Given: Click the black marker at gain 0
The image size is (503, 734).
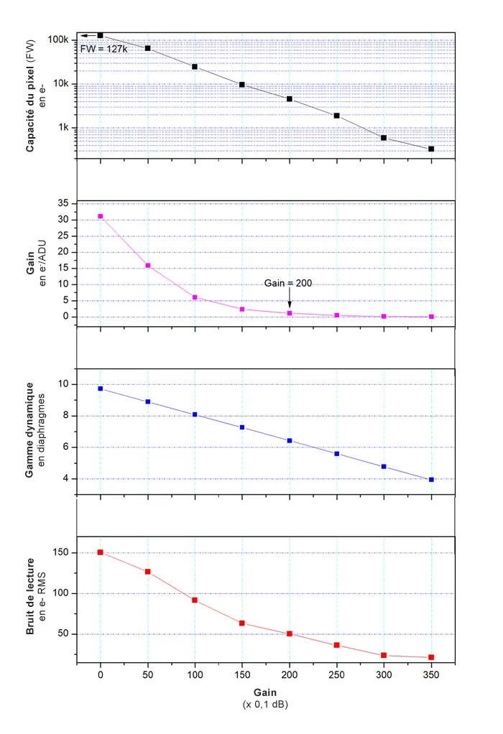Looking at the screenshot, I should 101,35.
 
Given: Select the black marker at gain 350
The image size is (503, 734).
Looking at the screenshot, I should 431,149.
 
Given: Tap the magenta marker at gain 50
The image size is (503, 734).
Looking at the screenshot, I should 148,266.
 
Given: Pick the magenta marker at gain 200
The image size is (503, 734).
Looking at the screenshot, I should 290,313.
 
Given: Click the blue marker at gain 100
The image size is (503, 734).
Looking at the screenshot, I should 195,414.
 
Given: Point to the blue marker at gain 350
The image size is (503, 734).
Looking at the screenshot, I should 431,479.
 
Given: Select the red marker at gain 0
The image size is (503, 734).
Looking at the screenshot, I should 101,552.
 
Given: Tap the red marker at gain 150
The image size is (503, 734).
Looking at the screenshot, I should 242,623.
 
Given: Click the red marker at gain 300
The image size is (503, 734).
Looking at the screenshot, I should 384,655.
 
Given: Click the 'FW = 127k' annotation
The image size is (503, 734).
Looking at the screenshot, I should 104,49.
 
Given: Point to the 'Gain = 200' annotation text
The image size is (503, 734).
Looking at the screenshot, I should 289,283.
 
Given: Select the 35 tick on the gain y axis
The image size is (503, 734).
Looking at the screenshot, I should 63,204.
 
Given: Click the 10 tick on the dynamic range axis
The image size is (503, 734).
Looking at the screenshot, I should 63,384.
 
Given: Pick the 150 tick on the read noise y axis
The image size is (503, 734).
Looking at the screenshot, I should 60,552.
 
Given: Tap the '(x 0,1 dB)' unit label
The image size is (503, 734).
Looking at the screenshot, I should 266,705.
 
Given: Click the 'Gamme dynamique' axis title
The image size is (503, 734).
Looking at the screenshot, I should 29,431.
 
